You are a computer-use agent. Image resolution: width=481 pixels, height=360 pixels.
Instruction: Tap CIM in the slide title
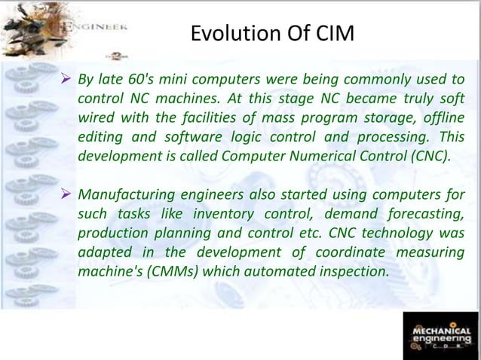(x=332, y=33)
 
